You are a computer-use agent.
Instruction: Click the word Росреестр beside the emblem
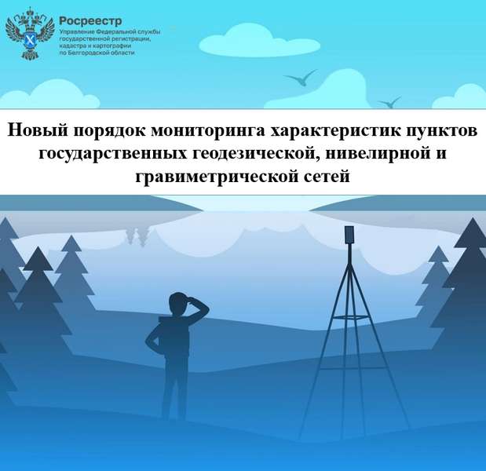coord(90,21)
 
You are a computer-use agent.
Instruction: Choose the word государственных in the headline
coord(113,154)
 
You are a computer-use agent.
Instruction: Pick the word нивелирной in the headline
coord(376,154)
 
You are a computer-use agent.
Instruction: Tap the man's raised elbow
coord(206,309)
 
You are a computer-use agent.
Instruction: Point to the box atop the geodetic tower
coord(349,235)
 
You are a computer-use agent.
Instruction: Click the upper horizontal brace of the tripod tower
coord(351,318)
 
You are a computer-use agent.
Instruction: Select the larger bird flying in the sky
coord(301,78)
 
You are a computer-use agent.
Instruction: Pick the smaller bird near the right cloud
coord(389,102)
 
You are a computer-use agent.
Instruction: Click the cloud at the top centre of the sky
coord(259,41)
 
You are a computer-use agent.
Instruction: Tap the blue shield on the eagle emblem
coord(30,41)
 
